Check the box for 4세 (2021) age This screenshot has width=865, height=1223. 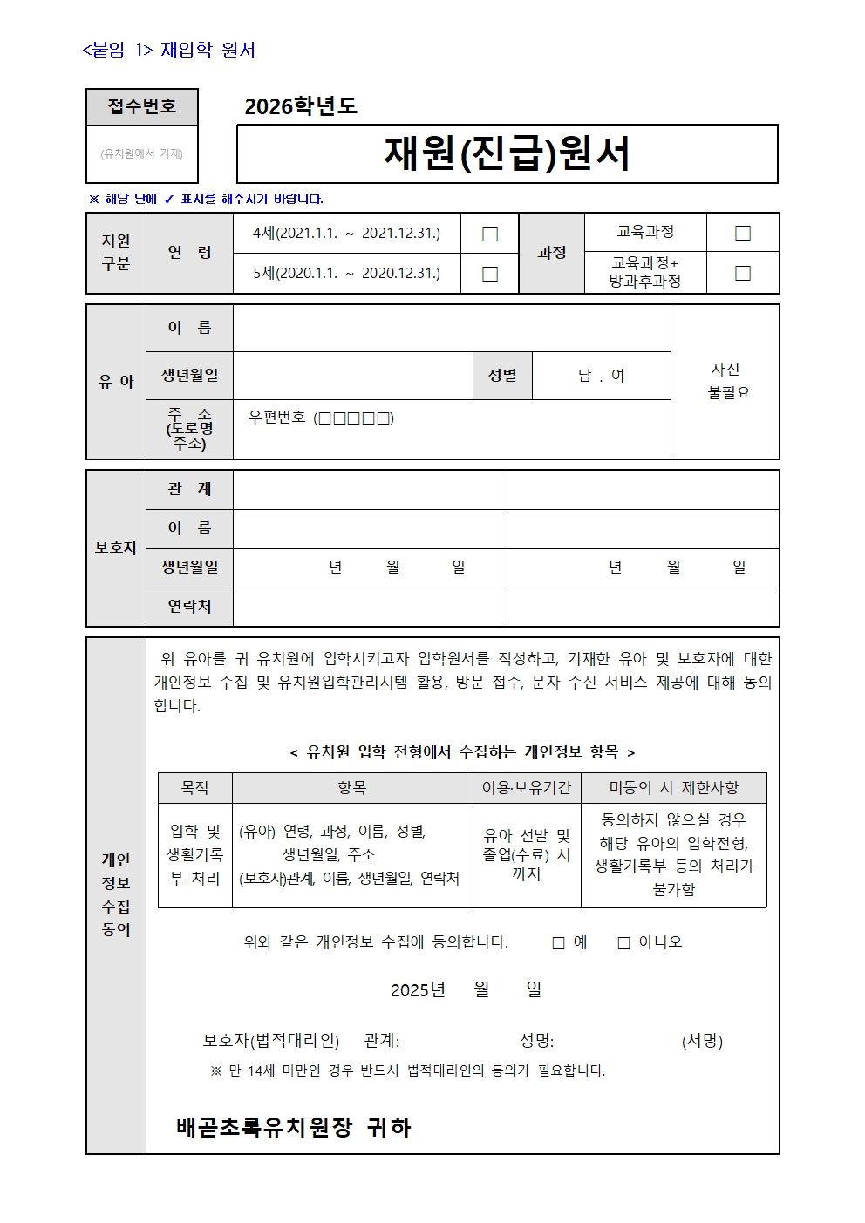coord(490,234)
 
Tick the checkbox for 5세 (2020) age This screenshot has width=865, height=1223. coord(490,274)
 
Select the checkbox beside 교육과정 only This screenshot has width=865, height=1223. coord(743,233)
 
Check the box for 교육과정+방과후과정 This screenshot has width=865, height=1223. coord(743,273)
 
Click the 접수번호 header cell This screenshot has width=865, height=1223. coord(142,106)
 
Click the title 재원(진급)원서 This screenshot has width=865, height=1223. coord(507,153)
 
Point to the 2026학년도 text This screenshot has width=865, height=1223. coord(301,106)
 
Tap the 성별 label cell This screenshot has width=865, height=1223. coord(502,376)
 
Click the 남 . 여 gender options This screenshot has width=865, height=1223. coord(602,376)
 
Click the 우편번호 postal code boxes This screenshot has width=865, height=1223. coord(356,418)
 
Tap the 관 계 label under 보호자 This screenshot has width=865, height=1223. coord(189,489)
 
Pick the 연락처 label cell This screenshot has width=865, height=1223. coord(189,607)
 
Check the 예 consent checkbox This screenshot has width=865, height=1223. coord(559,943)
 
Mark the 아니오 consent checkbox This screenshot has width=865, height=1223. coord(623,943)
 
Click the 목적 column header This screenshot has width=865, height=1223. coord(194,788)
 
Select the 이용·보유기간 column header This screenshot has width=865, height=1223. coord(527,788)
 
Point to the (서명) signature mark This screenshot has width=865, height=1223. coord(702,1041)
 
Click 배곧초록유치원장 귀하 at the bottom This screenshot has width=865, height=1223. coord(293,1128)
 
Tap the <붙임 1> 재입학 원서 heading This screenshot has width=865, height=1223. coord(168,50)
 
